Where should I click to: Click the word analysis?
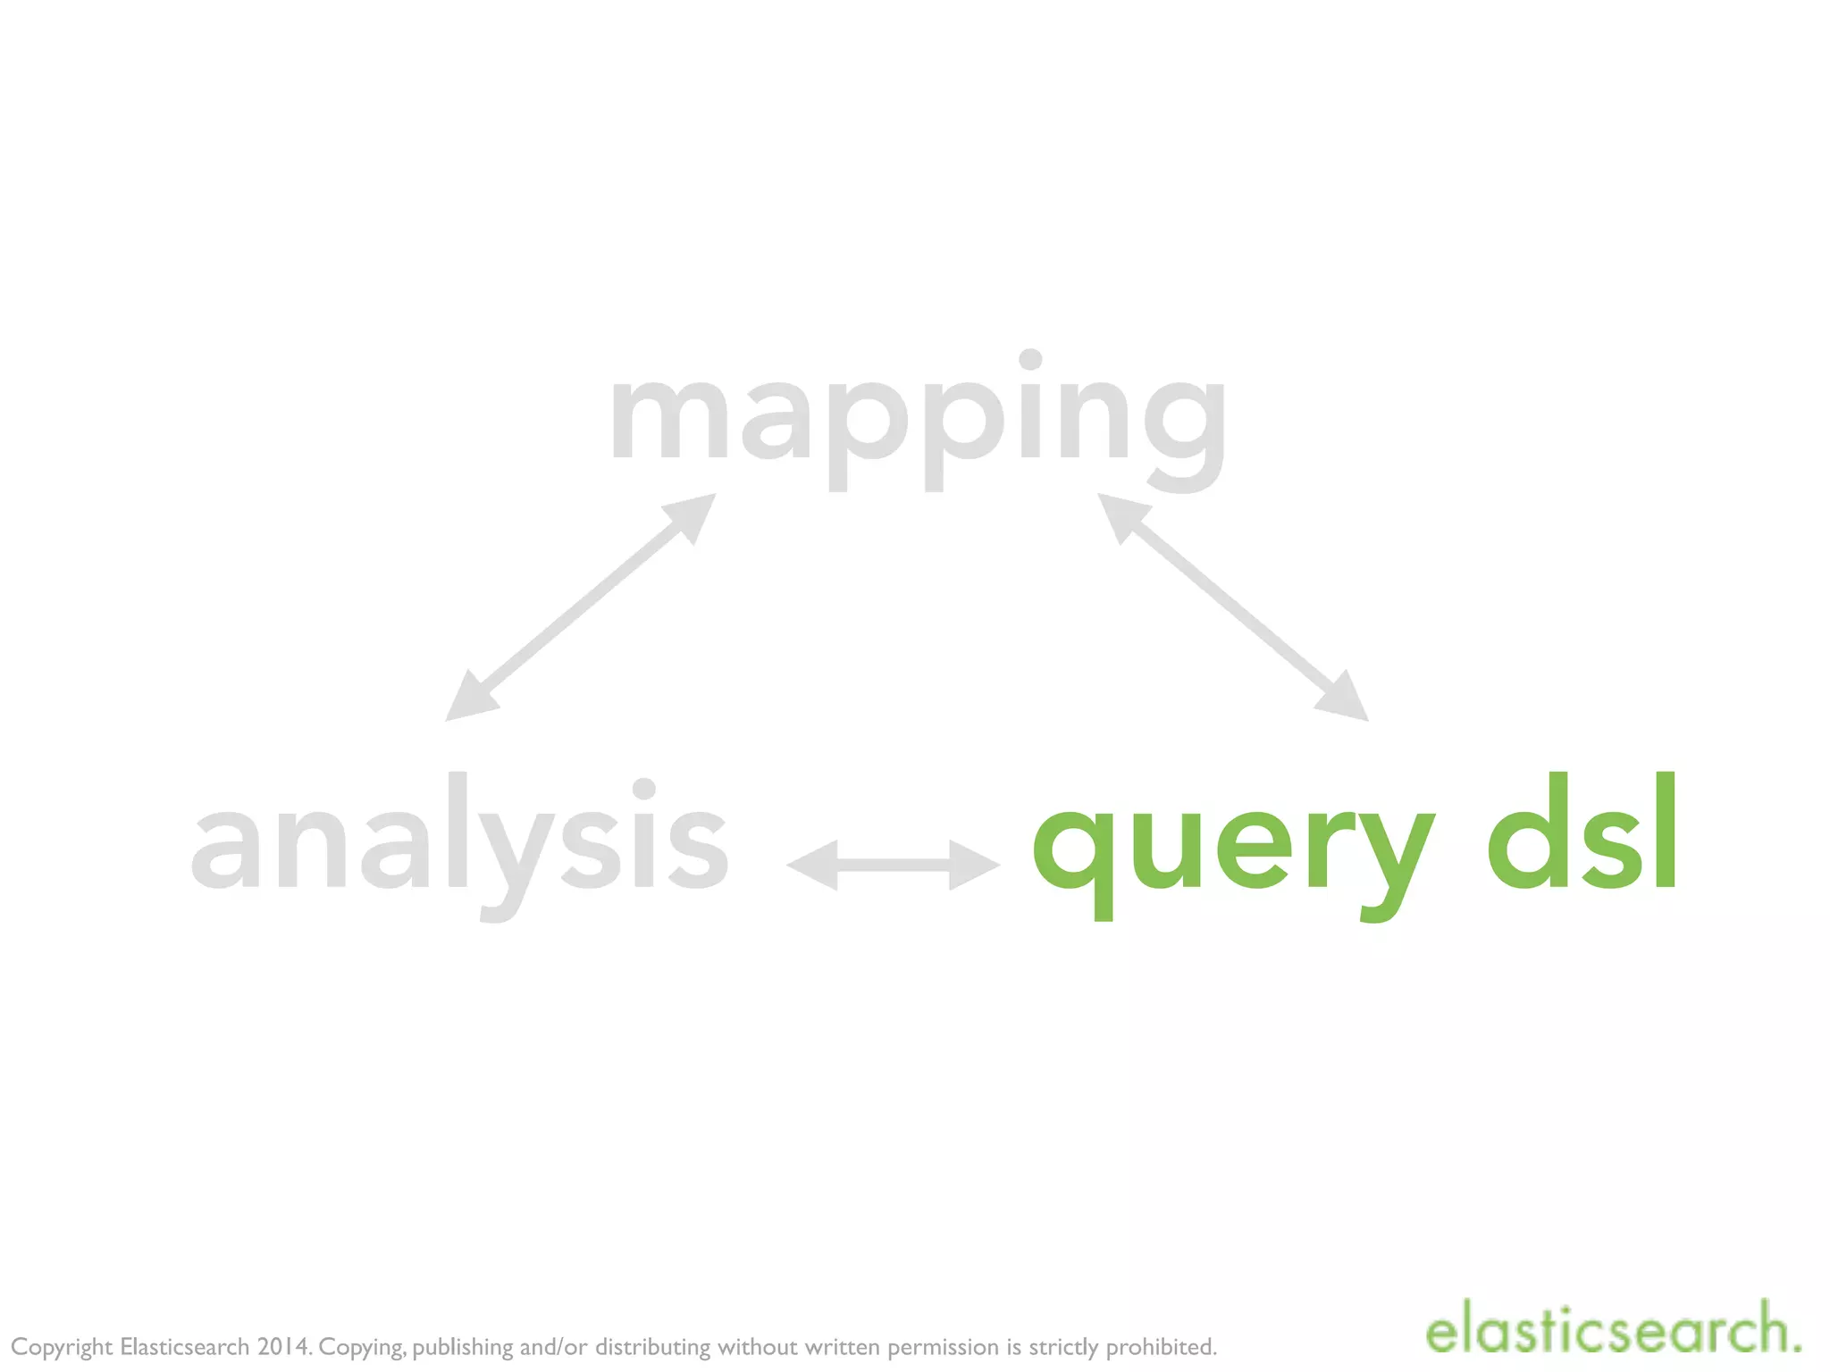point(460,840)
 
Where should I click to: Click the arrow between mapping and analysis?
point(581,607)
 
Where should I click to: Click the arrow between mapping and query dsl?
point(1233,607)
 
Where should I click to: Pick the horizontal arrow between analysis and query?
point(893,865)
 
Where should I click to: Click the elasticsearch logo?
point(1613,1332)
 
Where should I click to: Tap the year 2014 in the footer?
point(283,1346)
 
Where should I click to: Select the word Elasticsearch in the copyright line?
point(184,1346)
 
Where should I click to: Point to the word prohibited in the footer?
point(1162,1346)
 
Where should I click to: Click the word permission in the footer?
point(943,1347)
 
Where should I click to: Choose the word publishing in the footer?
point(462,1347)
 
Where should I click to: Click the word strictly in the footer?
point(1063,1347)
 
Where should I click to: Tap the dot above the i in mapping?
point(1030,359)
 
